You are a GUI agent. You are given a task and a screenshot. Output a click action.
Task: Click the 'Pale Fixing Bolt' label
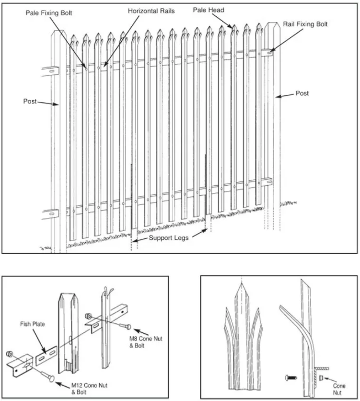49,13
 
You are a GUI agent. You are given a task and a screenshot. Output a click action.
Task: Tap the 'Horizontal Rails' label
151,10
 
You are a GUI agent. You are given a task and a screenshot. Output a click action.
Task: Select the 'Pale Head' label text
209,10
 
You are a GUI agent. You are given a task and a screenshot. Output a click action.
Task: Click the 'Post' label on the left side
30,101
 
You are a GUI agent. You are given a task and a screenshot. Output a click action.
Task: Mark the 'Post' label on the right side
302,94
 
